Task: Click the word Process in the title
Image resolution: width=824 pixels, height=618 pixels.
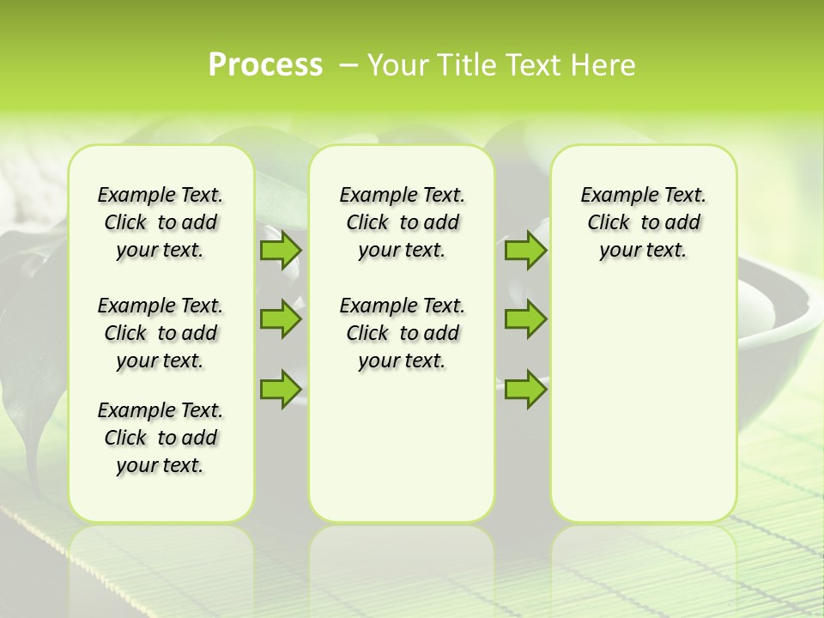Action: point(265,65)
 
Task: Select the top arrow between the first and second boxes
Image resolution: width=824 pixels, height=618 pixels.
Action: point(280,251)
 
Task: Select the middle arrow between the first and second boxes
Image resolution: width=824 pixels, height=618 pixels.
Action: point(280,320)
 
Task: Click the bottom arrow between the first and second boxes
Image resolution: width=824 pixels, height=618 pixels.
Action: point(280,389)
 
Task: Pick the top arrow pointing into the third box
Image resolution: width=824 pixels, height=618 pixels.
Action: point(525,251)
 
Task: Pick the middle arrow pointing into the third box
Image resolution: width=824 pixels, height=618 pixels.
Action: point(525,320)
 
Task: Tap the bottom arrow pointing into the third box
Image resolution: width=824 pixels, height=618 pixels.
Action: point(525,389)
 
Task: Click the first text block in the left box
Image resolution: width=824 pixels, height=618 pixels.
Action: point(161,222)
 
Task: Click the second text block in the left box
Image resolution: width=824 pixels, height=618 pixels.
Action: point(161,333)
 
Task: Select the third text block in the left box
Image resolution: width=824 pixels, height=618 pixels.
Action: point(161,438)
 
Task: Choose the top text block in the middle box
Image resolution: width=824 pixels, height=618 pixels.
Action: point(402,222)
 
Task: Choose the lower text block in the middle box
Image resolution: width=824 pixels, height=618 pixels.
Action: point(402,333)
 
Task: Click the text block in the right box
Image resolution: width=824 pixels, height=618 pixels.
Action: point(644,222)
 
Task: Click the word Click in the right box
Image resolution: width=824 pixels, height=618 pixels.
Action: point(609,223)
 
